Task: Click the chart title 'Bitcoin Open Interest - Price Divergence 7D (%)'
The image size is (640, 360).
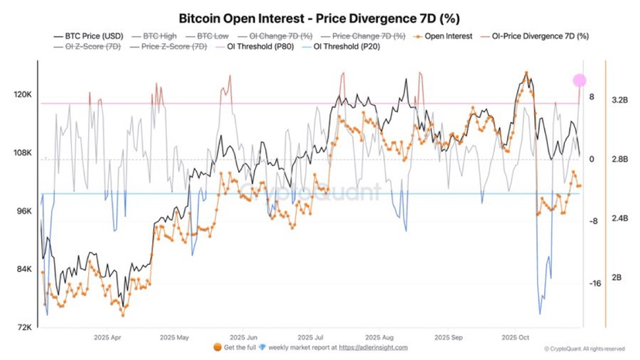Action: pos(319,16)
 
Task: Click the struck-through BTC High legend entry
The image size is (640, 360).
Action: pos(160,36)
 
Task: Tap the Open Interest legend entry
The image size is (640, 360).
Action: pos(446,36)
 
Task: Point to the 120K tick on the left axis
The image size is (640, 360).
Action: pos(22,95)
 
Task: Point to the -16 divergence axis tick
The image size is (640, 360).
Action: pos(594,284)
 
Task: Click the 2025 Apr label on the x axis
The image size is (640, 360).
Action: pos(106,338)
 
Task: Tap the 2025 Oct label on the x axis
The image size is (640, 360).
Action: pos(514,338)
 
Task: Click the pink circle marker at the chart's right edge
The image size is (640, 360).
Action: pos(580,80)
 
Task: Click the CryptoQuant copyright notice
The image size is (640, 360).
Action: pos(586,349)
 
